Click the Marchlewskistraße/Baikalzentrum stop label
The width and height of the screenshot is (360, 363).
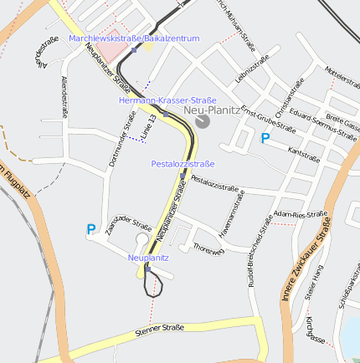click(x=135, y=38)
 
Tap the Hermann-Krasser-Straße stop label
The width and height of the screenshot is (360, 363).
click(x=168, y=100)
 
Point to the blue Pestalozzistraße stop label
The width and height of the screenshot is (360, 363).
click(x=183, y=164)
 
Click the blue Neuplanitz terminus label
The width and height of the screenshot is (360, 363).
click(x=148, y=258)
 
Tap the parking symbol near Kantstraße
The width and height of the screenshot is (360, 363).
click(x=265, y=139)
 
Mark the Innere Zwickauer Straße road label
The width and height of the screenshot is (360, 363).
click(x=306, y=258)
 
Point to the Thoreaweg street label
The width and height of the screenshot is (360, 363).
click(x=208, y=248)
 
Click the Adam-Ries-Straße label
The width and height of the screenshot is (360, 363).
click(x=301, y=215)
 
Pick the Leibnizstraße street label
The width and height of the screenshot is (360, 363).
click(x=250, y=70)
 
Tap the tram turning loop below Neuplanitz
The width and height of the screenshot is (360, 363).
click(x=153, y=284)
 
